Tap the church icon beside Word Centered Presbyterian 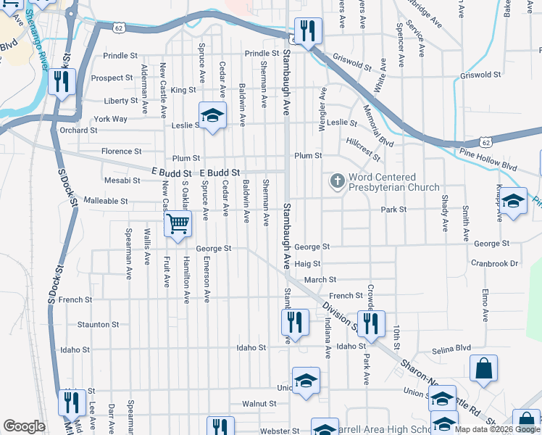(x=337, y=181)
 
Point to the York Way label (x=110, y=119)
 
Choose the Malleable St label (x=106, y=201)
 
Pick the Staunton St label (x=98, y=325)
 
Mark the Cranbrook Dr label (x=494, y=264)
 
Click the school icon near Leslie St (x=212, y=115)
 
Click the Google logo (x=24, y=426)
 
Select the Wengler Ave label (x=323, y=109)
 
